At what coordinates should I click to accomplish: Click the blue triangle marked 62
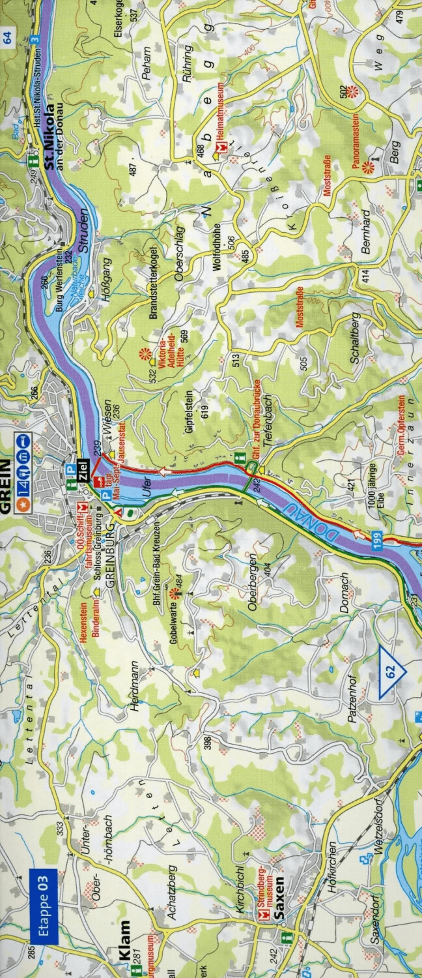pos(391,672)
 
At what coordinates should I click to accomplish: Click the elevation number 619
pos(204,411)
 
